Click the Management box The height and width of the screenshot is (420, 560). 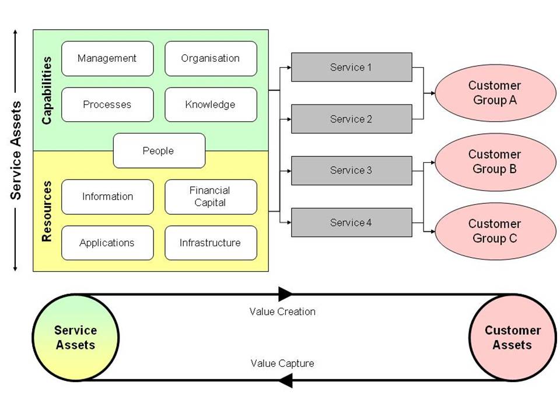[x=107, y=58]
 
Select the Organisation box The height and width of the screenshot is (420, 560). [x=211, y=58]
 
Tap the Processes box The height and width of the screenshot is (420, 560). [x=107, y=104]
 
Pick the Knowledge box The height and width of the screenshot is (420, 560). [x=211, y=104]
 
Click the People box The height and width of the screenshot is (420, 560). [x=159, y=150]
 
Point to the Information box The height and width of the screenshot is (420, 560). [x=107, y=197]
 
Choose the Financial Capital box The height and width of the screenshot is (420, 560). [x=211, y=197]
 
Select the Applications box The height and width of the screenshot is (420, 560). [x=107, y=243]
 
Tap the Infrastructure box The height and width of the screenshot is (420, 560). [x=211, y=243]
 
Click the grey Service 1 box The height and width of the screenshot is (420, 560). [x=351, y=67]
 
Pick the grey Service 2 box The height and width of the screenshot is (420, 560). [x=351, y=119]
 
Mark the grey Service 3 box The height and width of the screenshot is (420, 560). [x=351, y=170]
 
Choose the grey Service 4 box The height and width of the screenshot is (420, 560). [x=351, y=222]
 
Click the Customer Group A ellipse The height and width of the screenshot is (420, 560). [x=495, y=93]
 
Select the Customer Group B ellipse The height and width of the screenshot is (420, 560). [x=495, y=162]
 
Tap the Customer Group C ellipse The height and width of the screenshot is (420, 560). [x=495, y=231]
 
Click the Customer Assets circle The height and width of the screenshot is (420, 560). [x=513, y=338]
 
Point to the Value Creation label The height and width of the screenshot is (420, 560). [x=282, y=311]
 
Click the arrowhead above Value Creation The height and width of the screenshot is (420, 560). [x=285, y=294]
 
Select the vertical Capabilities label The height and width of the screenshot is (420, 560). [x=47, y=90]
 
